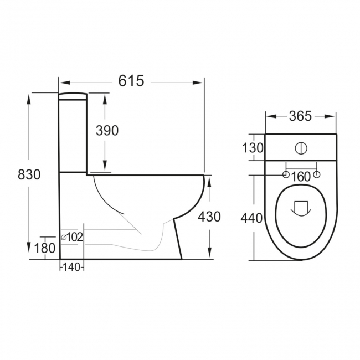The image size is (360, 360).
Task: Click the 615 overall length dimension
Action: (131, 81)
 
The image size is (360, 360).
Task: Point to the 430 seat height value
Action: (209, 217)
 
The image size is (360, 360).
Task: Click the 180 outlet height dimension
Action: (44, 249)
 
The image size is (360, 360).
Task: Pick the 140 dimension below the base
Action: (71, 267)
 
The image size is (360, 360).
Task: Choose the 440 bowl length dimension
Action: (251, 218)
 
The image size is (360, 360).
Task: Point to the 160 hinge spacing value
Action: (301, 177)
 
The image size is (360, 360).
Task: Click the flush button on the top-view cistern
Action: (301, 148)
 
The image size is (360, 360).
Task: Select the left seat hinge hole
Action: (286, 176)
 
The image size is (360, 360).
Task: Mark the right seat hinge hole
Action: (317, 176)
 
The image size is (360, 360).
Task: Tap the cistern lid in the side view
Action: (73, 96)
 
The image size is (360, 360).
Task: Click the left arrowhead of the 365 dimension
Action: (269, 116)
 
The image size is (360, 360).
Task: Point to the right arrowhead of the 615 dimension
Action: (201, 81)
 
